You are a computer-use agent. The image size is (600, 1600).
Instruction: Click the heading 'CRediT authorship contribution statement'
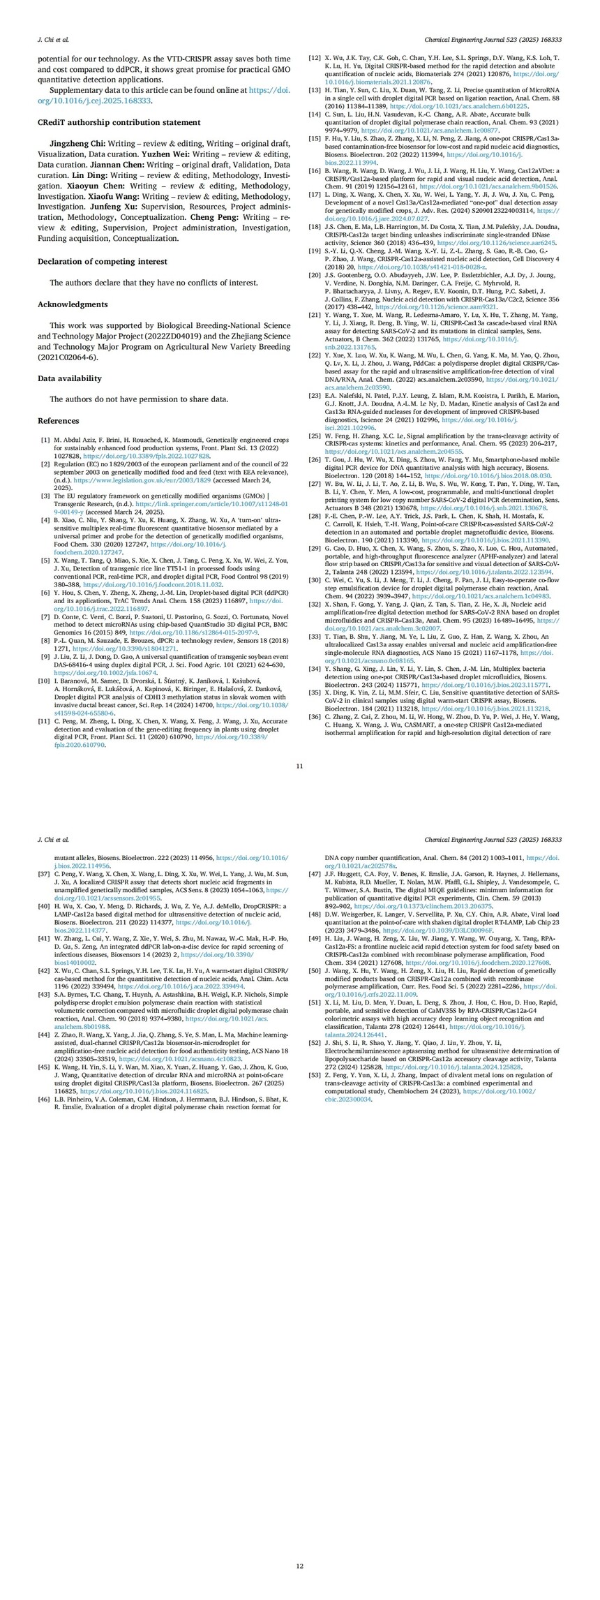(x=119, y=122)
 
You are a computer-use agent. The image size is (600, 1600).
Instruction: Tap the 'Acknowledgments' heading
(x=73, y=304)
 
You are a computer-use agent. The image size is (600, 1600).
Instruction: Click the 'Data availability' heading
(x=70, y=378)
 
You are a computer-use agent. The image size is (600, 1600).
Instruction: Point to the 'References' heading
(x=58, y=421)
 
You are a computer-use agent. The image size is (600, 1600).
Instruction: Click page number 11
(x=299, y=766)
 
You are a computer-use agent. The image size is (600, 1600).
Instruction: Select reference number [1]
(x=45, y=440)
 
